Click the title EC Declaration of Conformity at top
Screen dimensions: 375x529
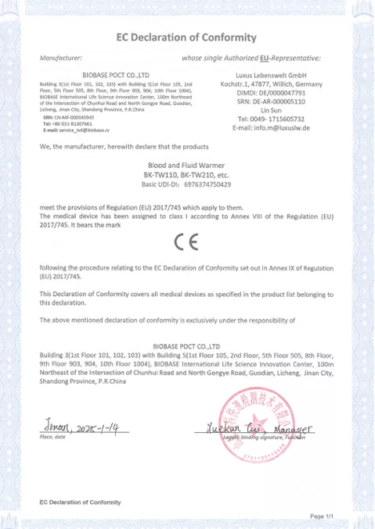186,37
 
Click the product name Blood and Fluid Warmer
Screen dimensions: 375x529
186,166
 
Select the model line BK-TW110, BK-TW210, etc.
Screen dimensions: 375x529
186,176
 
